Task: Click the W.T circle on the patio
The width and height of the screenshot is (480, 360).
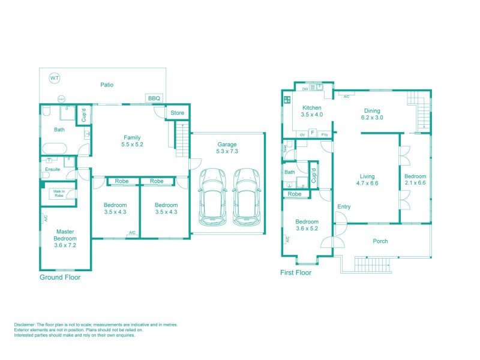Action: (x=55, y=78)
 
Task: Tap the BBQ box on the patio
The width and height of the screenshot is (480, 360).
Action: (x=152, y=98)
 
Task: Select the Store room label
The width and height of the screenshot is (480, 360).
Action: (x=177, y=112)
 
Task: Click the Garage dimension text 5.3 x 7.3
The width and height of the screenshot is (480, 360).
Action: (x=227, y=152)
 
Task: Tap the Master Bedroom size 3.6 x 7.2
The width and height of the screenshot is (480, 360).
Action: (x=65, y=245)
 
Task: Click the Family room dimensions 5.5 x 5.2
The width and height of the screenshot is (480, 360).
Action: (x=132, y=145)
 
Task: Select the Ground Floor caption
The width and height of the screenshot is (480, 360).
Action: (x=60, y=277)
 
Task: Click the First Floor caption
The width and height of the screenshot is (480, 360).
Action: (x=296, y=272)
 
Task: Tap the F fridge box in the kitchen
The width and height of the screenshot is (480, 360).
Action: (x=312, y=132)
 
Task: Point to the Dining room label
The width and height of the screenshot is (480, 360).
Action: (x=372, y=110)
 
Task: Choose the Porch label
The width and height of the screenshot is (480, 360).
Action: (x=380, y=241)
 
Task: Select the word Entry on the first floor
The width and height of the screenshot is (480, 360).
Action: (x=344, y=207)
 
